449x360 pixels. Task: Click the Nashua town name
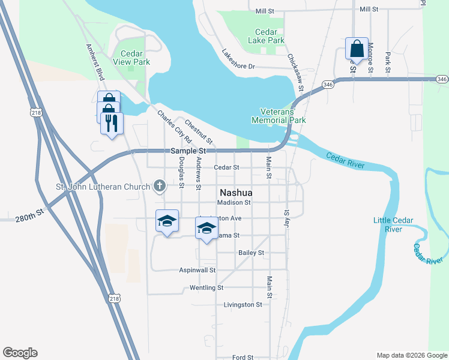[x=236, y=193]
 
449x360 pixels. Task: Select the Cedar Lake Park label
[x=267, y=36]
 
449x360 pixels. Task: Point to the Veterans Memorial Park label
[x=283, y=116]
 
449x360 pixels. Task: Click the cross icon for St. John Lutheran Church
[x=160, y=186]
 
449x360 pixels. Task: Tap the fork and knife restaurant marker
[x=111, y=123]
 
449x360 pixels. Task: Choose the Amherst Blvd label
[x=95, y=62]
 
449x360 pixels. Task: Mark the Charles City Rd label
[x=170, y=127]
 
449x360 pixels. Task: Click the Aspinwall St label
[x=197, y=270]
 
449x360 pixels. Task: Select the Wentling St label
[x=206, y=288]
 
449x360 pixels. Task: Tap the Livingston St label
[x=243, y=305]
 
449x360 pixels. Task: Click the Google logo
[x=20, y=353]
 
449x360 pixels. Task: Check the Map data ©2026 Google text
[x=411, y=355]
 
